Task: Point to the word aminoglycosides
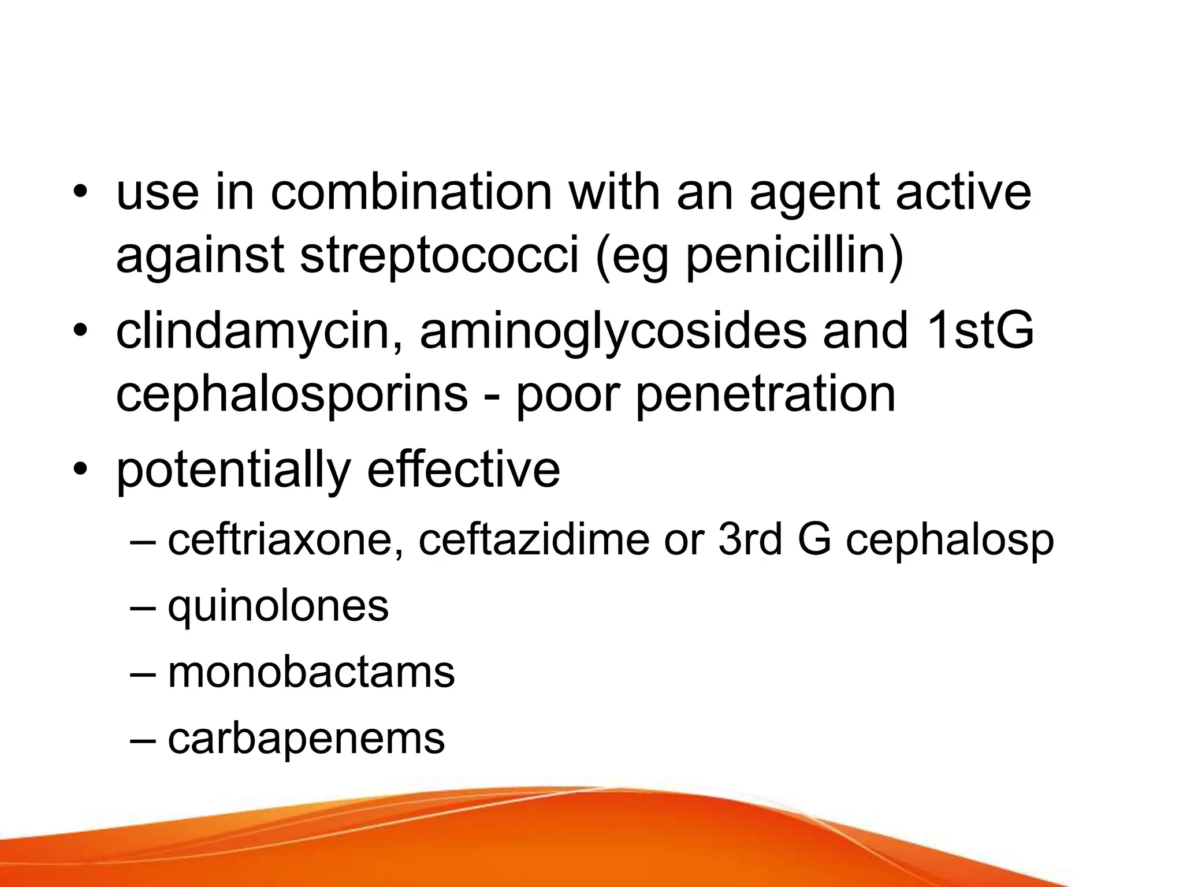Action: click(x=612, y=333)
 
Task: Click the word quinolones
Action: click(x=278, y=607)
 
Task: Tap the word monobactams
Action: click(x=311, y=672)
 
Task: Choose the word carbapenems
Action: click(x=306, y=740)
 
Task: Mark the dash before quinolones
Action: click(x=143, y=607)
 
